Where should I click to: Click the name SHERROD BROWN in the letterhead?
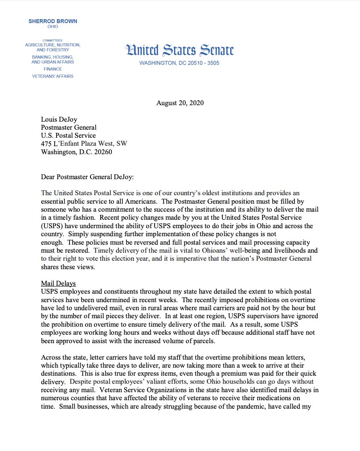[52, 21]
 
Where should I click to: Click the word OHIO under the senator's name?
[52, 27]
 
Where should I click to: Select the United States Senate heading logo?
[180, 50]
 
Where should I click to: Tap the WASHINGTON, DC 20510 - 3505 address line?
[180, 63]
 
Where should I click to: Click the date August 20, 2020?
[180, 103]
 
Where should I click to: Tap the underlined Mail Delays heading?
[58, 283]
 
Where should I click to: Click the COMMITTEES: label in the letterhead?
[53, 40]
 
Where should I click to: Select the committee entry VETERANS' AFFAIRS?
[53, 76]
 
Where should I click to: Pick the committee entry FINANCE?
[53, 69]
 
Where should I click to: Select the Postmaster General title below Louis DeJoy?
[69, 127]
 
